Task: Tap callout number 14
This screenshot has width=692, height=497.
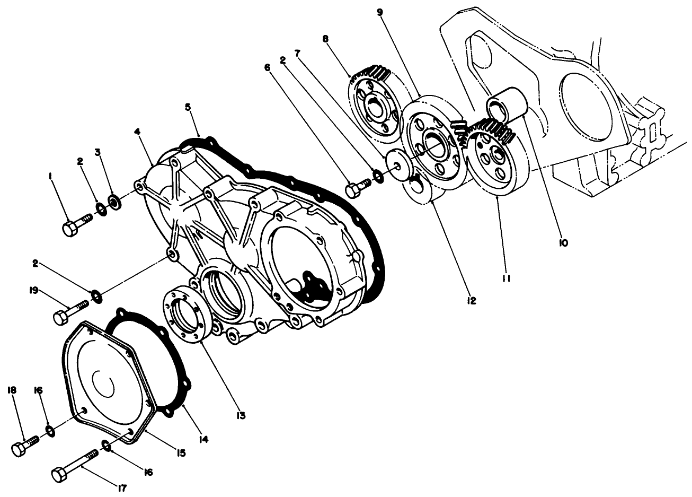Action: pyautogui.click(x=203, y=439)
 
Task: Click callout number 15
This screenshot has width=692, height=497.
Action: pyautogui.click(x=181, y=452)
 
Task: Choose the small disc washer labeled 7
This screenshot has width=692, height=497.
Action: pyautogui.click(x=397, y=162)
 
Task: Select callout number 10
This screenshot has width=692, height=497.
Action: pyautogui.click(x=563, y=243)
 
